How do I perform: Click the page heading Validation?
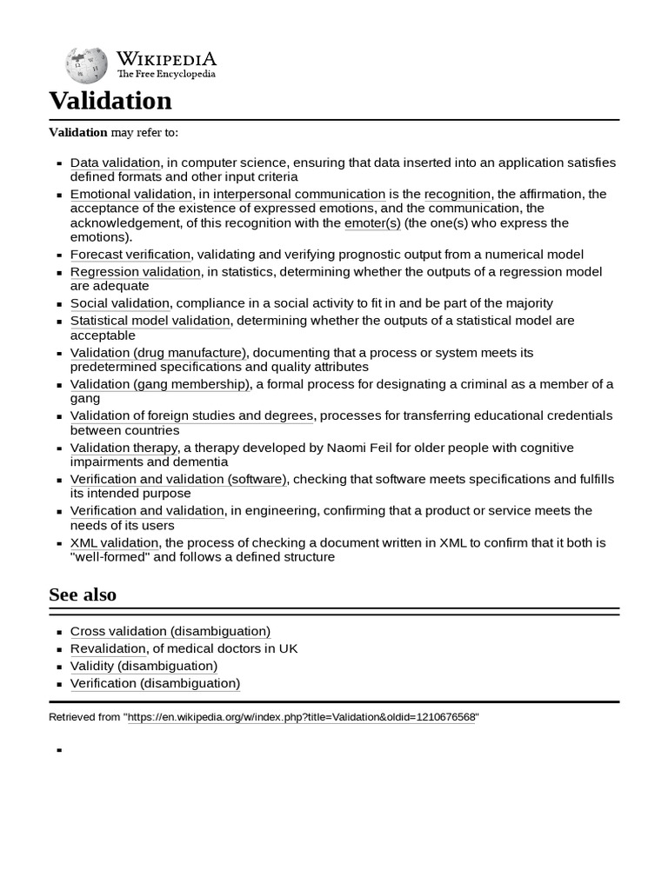(110, 101)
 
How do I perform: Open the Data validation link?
(115, 163)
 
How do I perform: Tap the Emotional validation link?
(130, 194)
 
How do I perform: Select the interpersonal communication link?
(299, 194)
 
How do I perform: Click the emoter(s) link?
(372, 223)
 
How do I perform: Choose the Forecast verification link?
(130, 255)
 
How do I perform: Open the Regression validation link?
(135, 272)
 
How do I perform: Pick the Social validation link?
(120, 303)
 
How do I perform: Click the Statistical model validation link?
(150, 321)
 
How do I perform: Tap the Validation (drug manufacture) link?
(158, 353)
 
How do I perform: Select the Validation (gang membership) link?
(160, 384)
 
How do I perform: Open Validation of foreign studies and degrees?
(191, 415)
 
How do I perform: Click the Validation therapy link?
(124, 448)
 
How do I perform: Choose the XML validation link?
(115, 542)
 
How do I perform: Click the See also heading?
(83, 594)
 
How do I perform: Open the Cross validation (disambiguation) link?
(170, 631)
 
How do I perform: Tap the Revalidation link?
(108, 648)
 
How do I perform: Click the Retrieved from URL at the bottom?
(303, 717)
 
